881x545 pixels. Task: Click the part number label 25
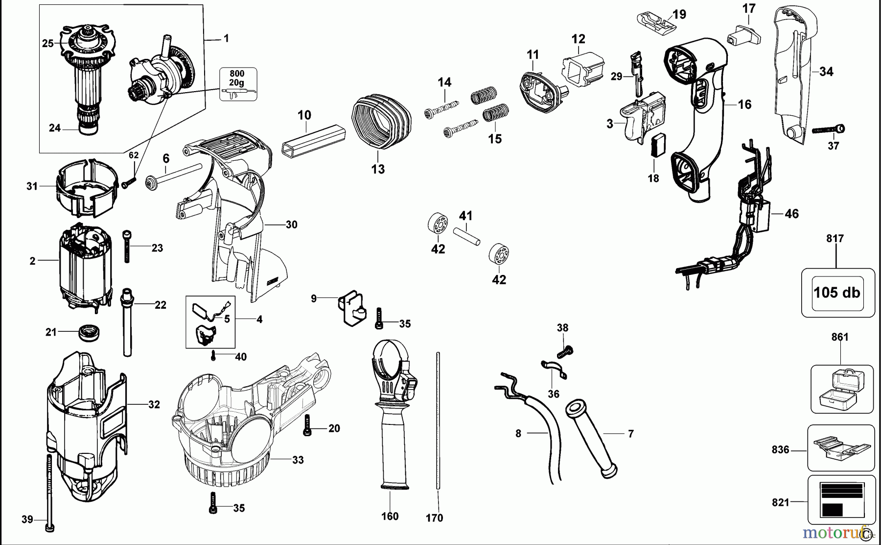(x=47, y=44)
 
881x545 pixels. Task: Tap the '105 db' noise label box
(x=837, y=293)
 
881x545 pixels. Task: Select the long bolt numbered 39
(x=49, y=490)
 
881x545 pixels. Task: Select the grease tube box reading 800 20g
(x=237, y=84)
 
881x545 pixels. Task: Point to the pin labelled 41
(x=466, y=236)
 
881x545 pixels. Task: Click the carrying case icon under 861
(x=841, y=390)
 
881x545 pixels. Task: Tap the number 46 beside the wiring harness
(x=791, y=214)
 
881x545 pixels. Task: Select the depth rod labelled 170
(x=438, y=421)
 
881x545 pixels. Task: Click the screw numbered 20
(x=307, y=425)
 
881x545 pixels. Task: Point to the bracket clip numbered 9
(x=351, y=309)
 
